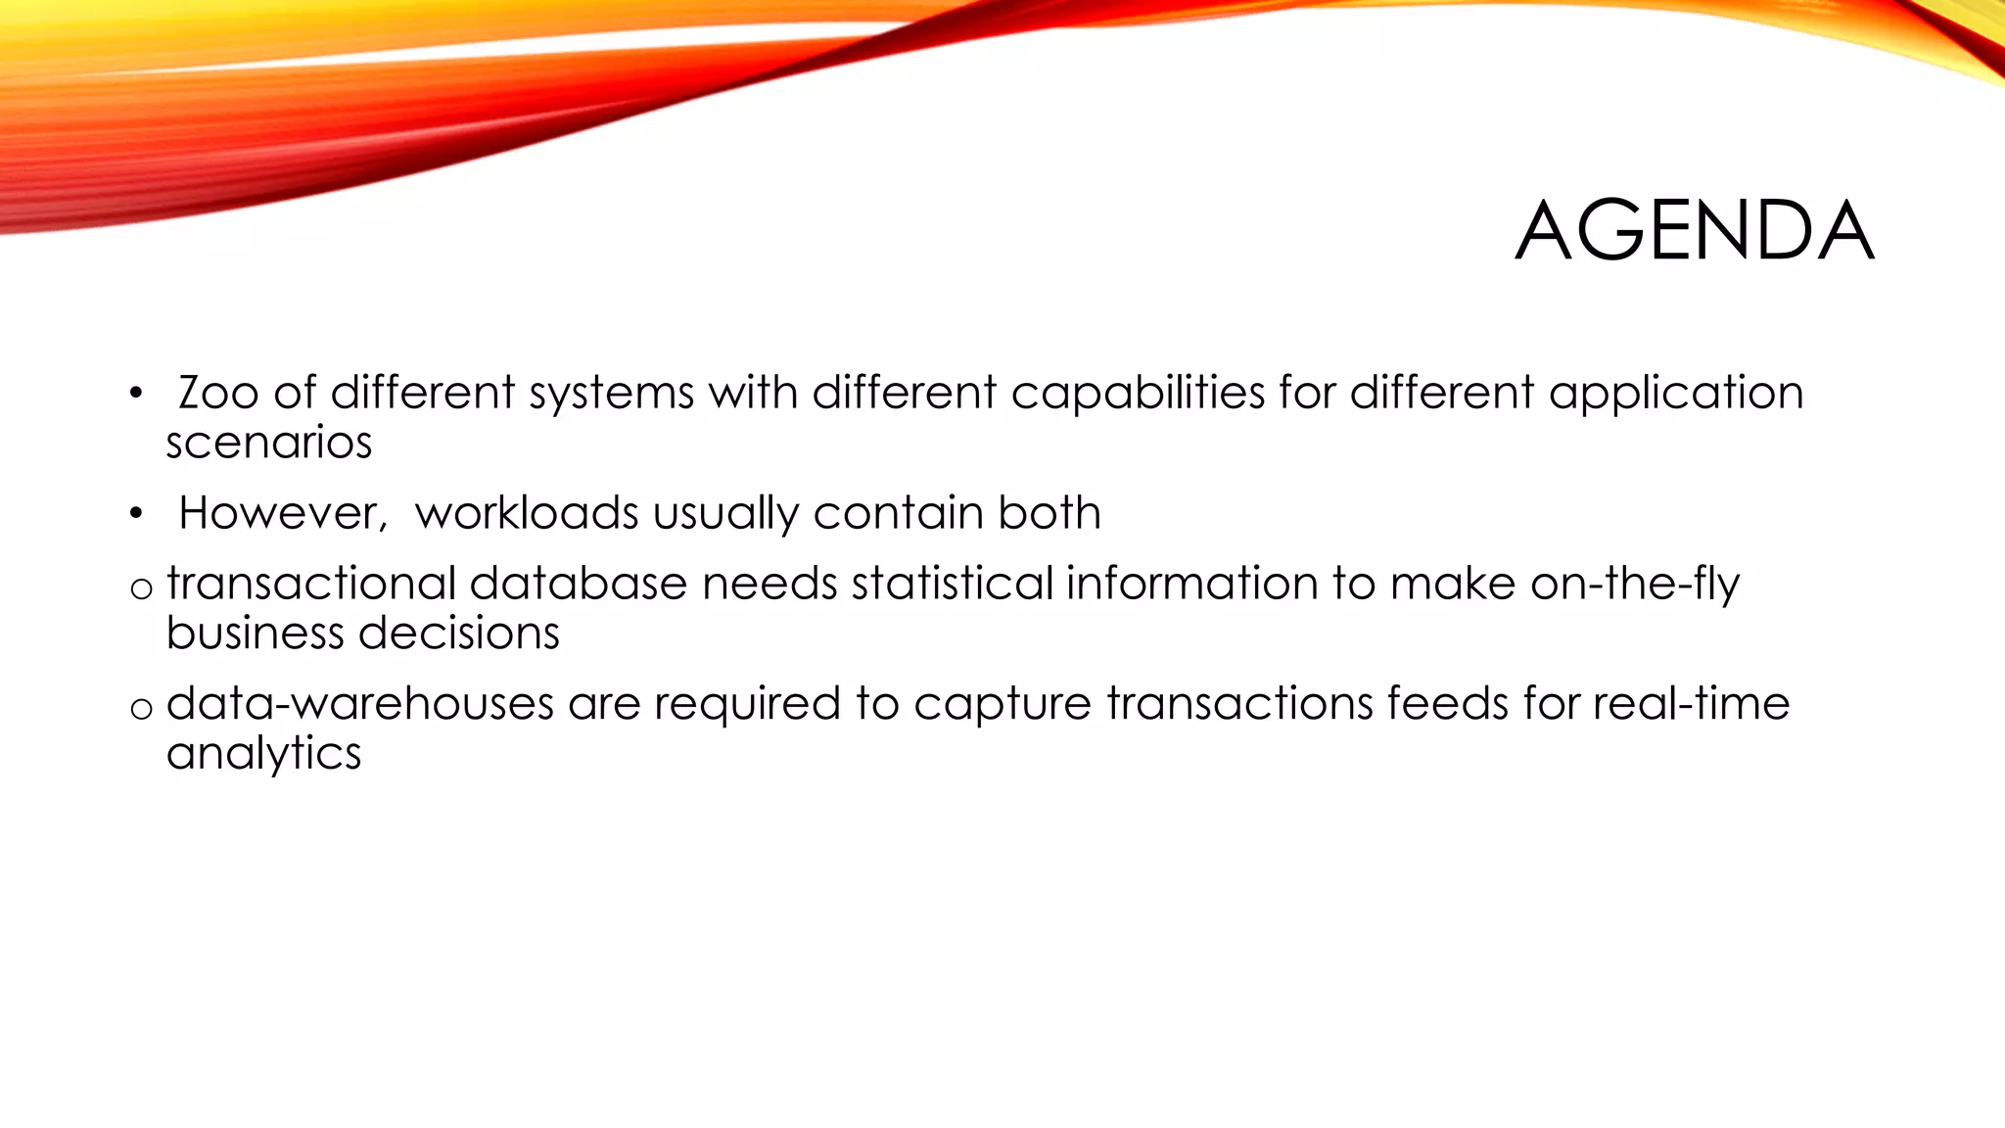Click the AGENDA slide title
[x=1694, y=231]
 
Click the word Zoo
[x=218, y=393]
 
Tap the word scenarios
[x=269, y=443]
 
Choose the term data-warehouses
[x=359, y=704]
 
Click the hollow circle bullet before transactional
[x=142, y=588]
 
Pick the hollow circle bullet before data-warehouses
[x=142, y=709]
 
